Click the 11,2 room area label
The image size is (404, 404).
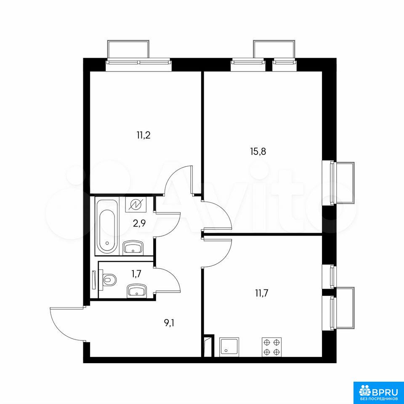point(144,135)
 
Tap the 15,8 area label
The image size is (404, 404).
point(258,151)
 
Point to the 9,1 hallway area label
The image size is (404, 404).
point(169,323)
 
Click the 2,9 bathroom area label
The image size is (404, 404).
point(139,223)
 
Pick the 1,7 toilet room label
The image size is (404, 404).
point(136,274)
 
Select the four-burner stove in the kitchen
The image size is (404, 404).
point(271,347)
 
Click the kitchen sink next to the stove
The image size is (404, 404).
point(229,347)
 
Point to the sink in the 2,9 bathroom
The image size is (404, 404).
point(133,247)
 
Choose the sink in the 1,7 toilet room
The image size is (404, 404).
point(137,290)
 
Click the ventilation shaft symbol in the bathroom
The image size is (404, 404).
point(136,205)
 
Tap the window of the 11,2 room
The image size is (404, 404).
point(138,62)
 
